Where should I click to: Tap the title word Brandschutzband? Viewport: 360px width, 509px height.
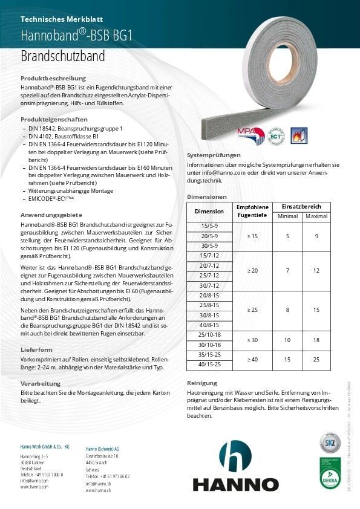62,56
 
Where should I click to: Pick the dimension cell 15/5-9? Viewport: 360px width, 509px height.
209,226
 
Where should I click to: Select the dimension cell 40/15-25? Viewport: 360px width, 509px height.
209,365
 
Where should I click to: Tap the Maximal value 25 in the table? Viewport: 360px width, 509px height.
316,360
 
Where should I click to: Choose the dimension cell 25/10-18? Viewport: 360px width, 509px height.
209,335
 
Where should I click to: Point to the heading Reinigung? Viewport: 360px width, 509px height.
201,383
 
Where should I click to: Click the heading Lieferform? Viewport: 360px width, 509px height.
36,349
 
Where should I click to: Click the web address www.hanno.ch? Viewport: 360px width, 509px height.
97,490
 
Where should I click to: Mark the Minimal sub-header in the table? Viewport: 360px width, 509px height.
287,216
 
